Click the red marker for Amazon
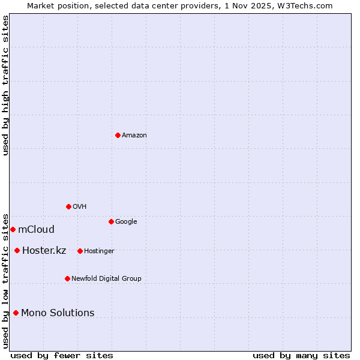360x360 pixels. tap(118, 135)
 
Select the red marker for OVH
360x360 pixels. tap(68, 206)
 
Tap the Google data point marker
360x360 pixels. tap(111, 221)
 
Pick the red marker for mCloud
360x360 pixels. tap(13, 229)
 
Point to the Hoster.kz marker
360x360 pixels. tap(17, 250)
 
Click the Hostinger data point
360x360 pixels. tap(80, 251)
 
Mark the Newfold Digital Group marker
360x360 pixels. tap(67, 278)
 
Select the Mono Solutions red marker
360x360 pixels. tap(16, 313)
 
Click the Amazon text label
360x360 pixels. tap(134, 135)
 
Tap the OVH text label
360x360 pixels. tap(80, 206)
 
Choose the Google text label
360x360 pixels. tap(126, 221)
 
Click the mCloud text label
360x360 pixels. tap(36, 229)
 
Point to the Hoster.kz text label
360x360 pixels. tap(44, 250)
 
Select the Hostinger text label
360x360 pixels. tap(99, 251)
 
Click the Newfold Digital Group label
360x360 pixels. tap(106, 278)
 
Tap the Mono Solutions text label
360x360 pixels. tap(58, 313)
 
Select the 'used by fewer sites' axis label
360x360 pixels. tap(62, 355)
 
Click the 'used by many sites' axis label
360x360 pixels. tap(301, 355)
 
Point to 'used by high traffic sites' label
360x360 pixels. tap(5, 85)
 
